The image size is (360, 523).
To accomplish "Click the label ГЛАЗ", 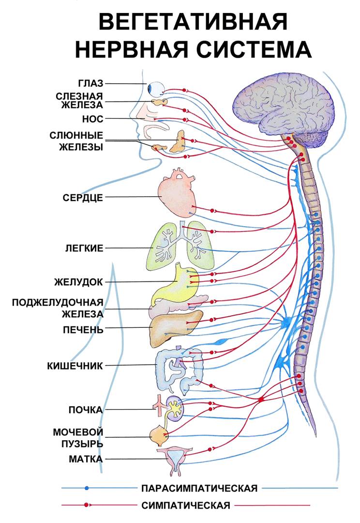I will pyautogui.click(x=90, y=83).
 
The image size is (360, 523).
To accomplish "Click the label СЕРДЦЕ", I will pyautogui.click(x=83, y=198).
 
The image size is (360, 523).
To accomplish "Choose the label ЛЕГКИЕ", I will pyautogui.click(x=84, y=248).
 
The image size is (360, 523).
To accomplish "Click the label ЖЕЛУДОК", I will pyautogui.click(x=80, y=281).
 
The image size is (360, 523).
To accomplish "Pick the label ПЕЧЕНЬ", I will pyautogui.click(x=83, y=330).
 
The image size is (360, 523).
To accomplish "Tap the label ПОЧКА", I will pyautogui.click(x=85, y=410).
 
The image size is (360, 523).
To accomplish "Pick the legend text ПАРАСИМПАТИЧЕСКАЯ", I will pyautogui.click(x=199, y=488).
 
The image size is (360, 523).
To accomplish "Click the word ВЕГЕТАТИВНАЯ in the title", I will pyautogui.click(x=193, y=23).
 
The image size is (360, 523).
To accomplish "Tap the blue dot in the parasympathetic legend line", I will pyautogui.click(x=87, y=488).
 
